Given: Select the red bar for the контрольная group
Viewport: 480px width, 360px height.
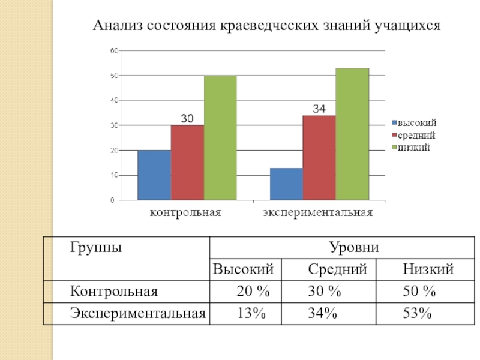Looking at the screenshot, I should coord(187,162).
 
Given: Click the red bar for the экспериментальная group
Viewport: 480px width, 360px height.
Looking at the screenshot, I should coord(319,157).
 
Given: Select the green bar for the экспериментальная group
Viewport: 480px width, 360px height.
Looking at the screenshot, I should coord(352,134).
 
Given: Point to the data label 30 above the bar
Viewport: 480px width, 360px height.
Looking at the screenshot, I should coord(187,119).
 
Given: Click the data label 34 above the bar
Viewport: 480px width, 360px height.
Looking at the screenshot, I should coord(319,109).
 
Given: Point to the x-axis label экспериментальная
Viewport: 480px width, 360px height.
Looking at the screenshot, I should coord(318,212).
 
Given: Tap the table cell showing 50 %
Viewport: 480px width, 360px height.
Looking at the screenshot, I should coord(418,292).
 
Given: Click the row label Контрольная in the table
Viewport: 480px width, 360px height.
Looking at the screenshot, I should coord(113,292).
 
